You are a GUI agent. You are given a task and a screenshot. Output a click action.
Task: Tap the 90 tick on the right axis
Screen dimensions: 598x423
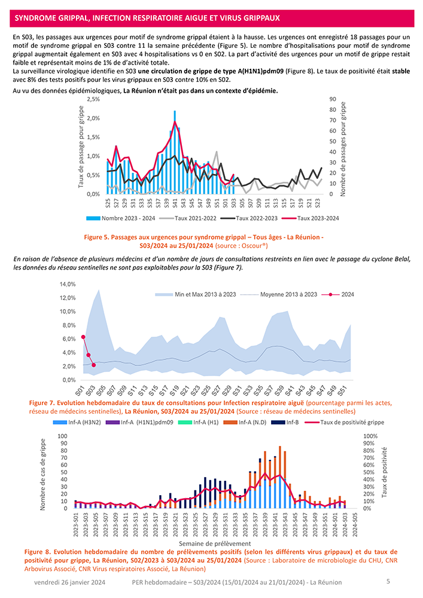[x=334, y=99]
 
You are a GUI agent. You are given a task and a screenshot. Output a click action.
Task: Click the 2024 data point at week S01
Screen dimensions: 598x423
[x=83, y=337]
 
